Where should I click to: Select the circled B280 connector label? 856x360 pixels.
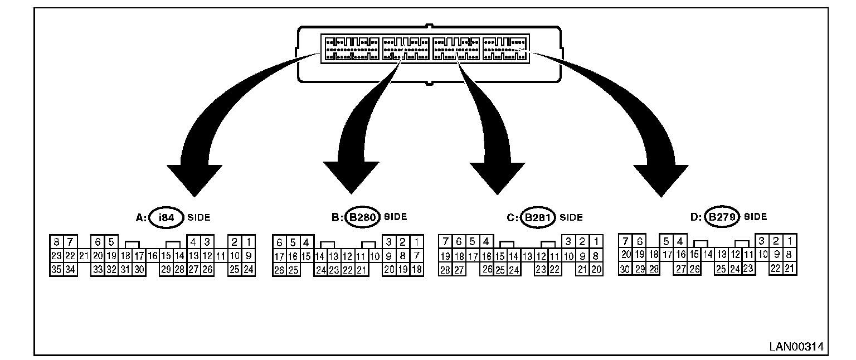[362, 217]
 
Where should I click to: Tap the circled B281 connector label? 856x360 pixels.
[538, 218]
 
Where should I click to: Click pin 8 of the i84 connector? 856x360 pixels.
[56, 242]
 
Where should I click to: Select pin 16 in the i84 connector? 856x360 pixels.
[152, 256]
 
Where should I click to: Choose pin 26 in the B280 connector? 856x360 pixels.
[279, 270]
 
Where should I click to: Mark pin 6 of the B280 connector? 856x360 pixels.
[279, 242]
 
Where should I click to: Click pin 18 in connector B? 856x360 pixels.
[416, 270]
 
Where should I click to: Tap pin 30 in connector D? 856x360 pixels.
[626, 269]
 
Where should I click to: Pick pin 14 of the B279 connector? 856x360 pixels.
[708, 255]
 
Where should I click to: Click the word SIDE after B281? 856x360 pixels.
[571, 218]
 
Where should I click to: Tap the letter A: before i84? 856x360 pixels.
[141, 218]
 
